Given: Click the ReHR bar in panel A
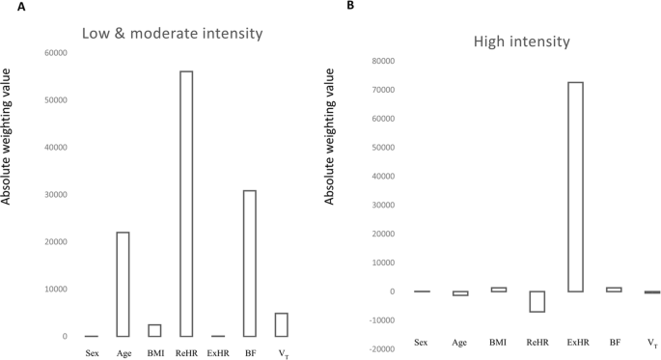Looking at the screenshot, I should (185, 204).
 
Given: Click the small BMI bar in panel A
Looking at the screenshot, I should (154, 330).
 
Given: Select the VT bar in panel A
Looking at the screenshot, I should (281, 324).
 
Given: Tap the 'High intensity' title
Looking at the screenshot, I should (523, 42).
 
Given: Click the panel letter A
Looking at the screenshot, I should (7, 7).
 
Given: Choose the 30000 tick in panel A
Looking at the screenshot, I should (53, 194).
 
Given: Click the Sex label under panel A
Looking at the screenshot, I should (91, 353).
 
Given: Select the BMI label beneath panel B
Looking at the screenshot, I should (497, 342).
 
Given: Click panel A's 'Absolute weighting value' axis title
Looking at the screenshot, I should (12, 146).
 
